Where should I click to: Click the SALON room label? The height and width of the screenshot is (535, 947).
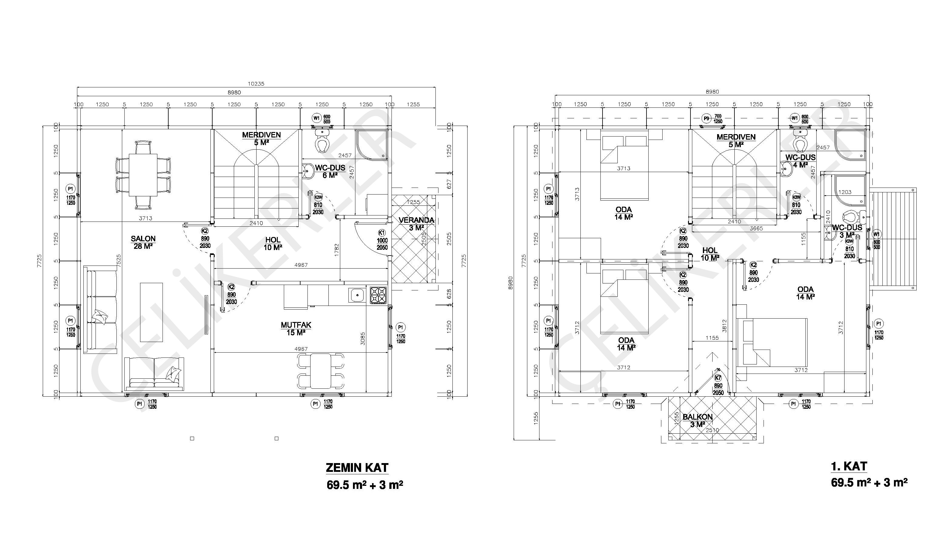[x=143, y=239]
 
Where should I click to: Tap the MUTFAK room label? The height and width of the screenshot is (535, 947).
[x=296, y=325]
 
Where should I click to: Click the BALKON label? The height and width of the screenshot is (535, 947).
[x=697, y=417]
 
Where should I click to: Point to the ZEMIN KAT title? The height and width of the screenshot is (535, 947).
[x=357, y=468]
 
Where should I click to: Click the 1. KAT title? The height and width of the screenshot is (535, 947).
[x=849, y=466]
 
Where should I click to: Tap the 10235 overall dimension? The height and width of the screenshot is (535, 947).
[x=256, y=84]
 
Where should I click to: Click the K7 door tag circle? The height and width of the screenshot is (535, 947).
[x=718, y=378]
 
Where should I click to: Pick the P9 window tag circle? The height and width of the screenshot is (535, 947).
[x=706, y=118]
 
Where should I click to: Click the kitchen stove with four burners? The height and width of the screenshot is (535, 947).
[x=379, y=295]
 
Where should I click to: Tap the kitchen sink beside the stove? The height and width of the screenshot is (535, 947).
[x=357, y=295]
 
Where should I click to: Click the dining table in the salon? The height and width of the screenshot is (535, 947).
[x=143, y=175]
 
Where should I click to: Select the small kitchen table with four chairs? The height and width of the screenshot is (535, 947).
[x=321, y=371]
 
